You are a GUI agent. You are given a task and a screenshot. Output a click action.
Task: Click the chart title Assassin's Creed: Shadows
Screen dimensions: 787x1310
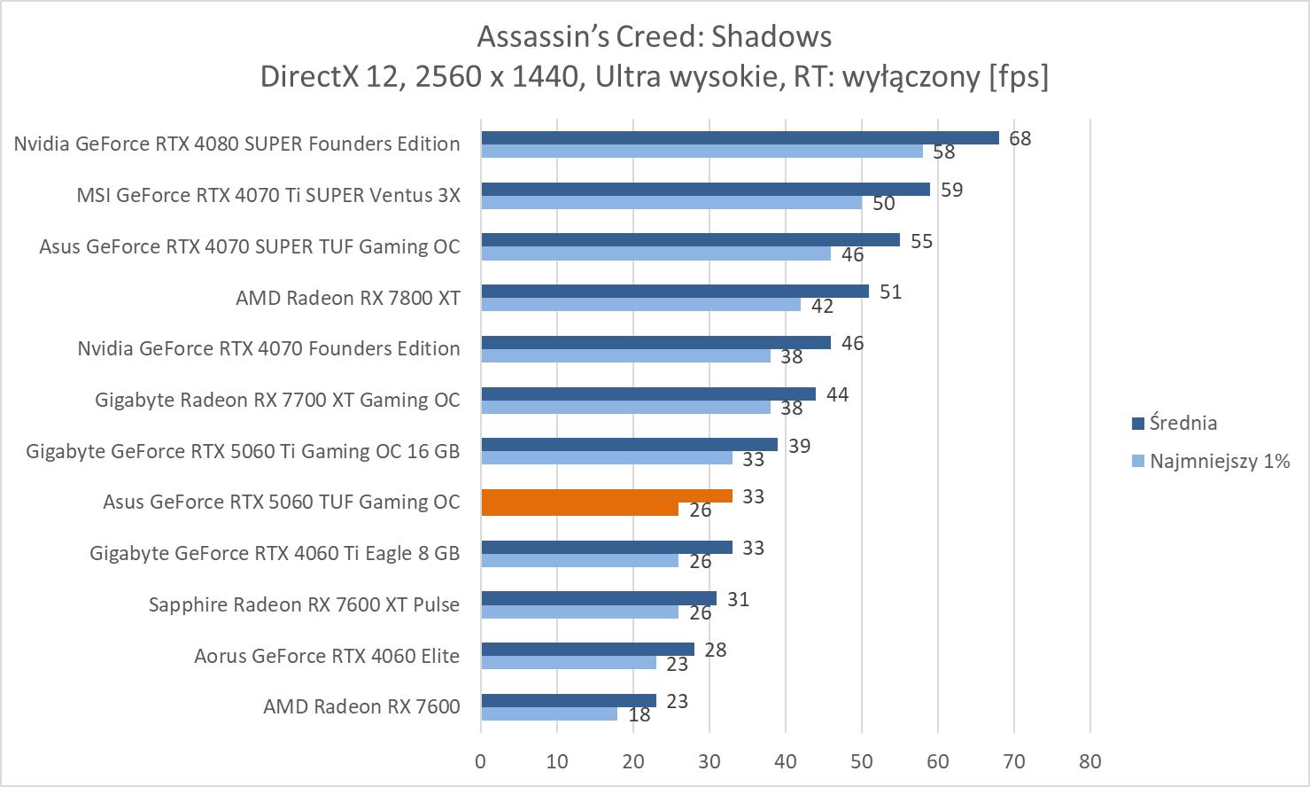654,36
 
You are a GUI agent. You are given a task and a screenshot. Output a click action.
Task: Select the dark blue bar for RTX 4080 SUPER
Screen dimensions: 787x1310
740,137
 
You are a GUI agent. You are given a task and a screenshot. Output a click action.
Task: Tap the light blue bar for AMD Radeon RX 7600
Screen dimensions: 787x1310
549,713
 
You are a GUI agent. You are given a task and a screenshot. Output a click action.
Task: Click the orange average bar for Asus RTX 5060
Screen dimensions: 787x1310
607,496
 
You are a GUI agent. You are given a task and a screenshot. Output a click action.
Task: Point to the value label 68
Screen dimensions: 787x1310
1019,138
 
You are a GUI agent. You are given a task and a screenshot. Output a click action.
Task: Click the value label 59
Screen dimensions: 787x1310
951,190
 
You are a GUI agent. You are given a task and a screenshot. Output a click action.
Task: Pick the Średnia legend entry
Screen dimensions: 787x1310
1182,423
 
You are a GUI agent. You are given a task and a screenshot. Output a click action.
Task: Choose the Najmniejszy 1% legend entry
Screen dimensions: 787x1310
1219,461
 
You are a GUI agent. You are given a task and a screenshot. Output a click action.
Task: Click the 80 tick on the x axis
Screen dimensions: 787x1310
1090,761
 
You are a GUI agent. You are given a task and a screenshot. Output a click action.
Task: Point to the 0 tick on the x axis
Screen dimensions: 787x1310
481,761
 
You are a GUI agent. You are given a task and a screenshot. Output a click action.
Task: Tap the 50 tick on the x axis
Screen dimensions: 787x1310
862,761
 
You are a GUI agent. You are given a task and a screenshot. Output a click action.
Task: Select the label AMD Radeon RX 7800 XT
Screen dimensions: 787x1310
348,298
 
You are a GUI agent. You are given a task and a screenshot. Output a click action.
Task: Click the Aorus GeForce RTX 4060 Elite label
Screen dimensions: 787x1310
327,656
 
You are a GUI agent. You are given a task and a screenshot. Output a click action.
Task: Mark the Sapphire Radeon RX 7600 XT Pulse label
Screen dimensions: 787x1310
304,604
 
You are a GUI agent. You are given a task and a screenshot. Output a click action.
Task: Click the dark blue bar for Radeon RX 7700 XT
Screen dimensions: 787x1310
647,393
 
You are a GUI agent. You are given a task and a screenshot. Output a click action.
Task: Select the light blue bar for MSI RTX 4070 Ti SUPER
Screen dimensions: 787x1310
671,203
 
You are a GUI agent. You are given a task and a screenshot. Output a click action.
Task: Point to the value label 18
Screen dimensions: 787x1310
639,714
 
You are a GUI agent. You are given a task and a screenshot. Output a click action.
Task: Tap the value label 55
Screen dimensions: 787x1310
921,241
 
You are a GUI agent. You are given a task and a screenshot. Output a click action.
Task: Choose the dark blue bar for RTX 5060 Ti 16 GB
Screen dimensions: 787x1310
629,445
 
